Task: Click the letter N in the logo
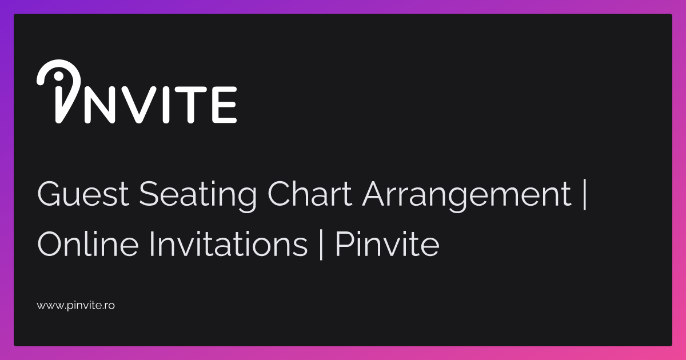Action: click(x=100, y=105)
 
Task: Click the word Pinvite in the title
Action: click(x=387, y=245)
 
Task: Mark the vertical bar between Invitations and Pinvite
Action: click(x=321, y=245)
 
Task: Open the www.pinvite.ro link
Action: click(x=76, y=306)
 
